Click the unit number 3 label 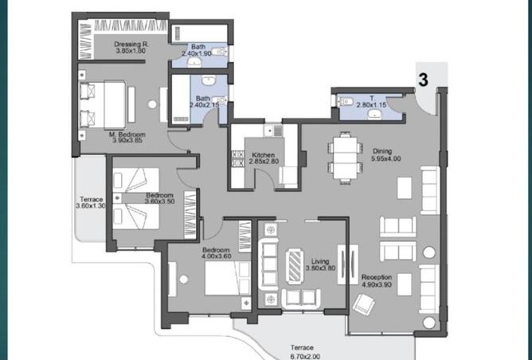(x=424, y=80)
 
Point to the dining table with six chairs (x=344, y=157)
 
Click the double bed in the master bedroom (x=104, y=104)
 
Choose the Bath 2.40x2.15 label (x=203, y=101)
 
